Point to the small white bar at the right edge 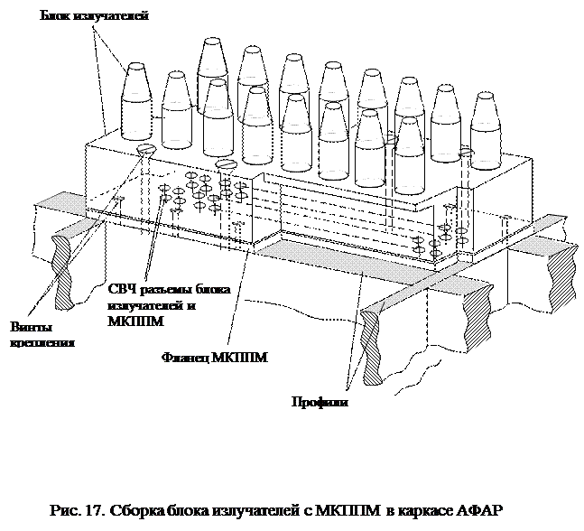click(x=557, y=210)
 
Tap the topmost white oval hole click(x=212, y=41)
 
